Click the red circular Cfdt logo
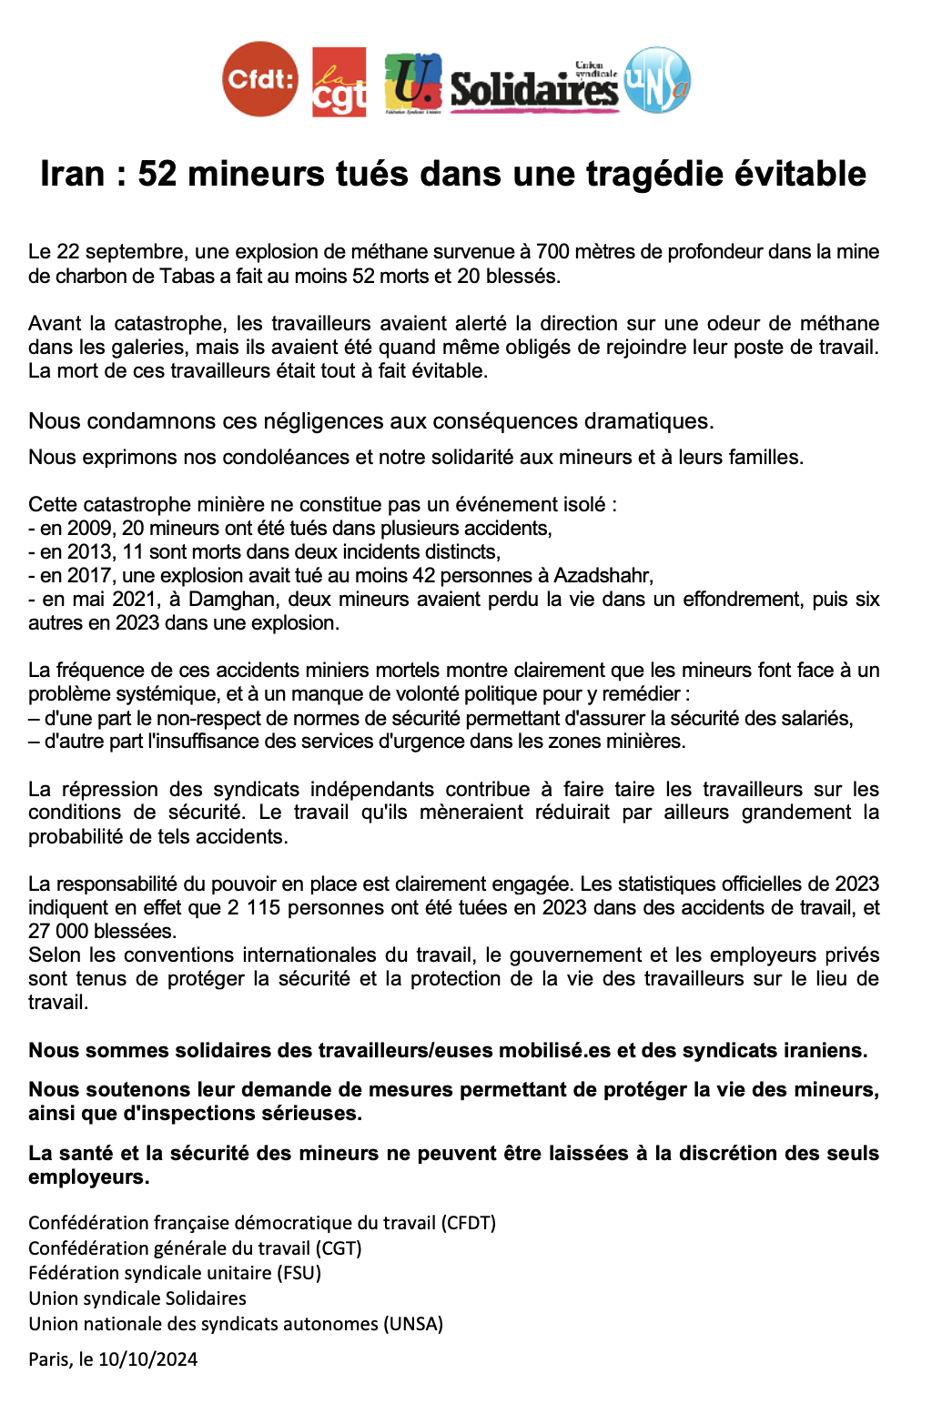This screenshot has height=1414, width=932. click(x=260, y=79)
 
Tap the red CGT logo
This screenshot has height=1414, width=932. click(x=339, y=82)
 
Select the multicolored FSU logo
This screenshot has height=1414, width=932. click(x=413, y=83)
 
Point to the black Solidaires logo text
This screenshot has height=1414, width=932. click(x=534, y=89)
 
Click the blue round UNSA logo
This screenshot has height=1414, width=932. click(x=658, y=80)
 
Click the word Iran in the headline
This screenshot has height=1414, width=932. click(x=72, y=174)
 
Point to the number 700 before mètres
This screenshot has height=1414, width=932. click(x=552, y=252)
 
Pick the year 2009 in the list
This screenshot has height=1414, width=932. click(x=89, y=528)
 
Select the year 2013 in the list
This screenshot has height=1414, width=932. click(x=89, y=551)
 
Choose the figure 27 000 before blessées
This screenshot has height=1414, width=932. click(x=58, y=931)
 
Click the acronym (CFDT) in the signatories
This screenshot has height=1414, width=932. click(x=468, y=1222)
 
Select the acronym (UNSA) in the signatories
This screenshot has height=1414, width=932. click(x=413, y=1323)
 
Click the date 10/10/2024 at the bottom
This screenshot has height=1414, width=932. click(x=147, y=1358)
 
